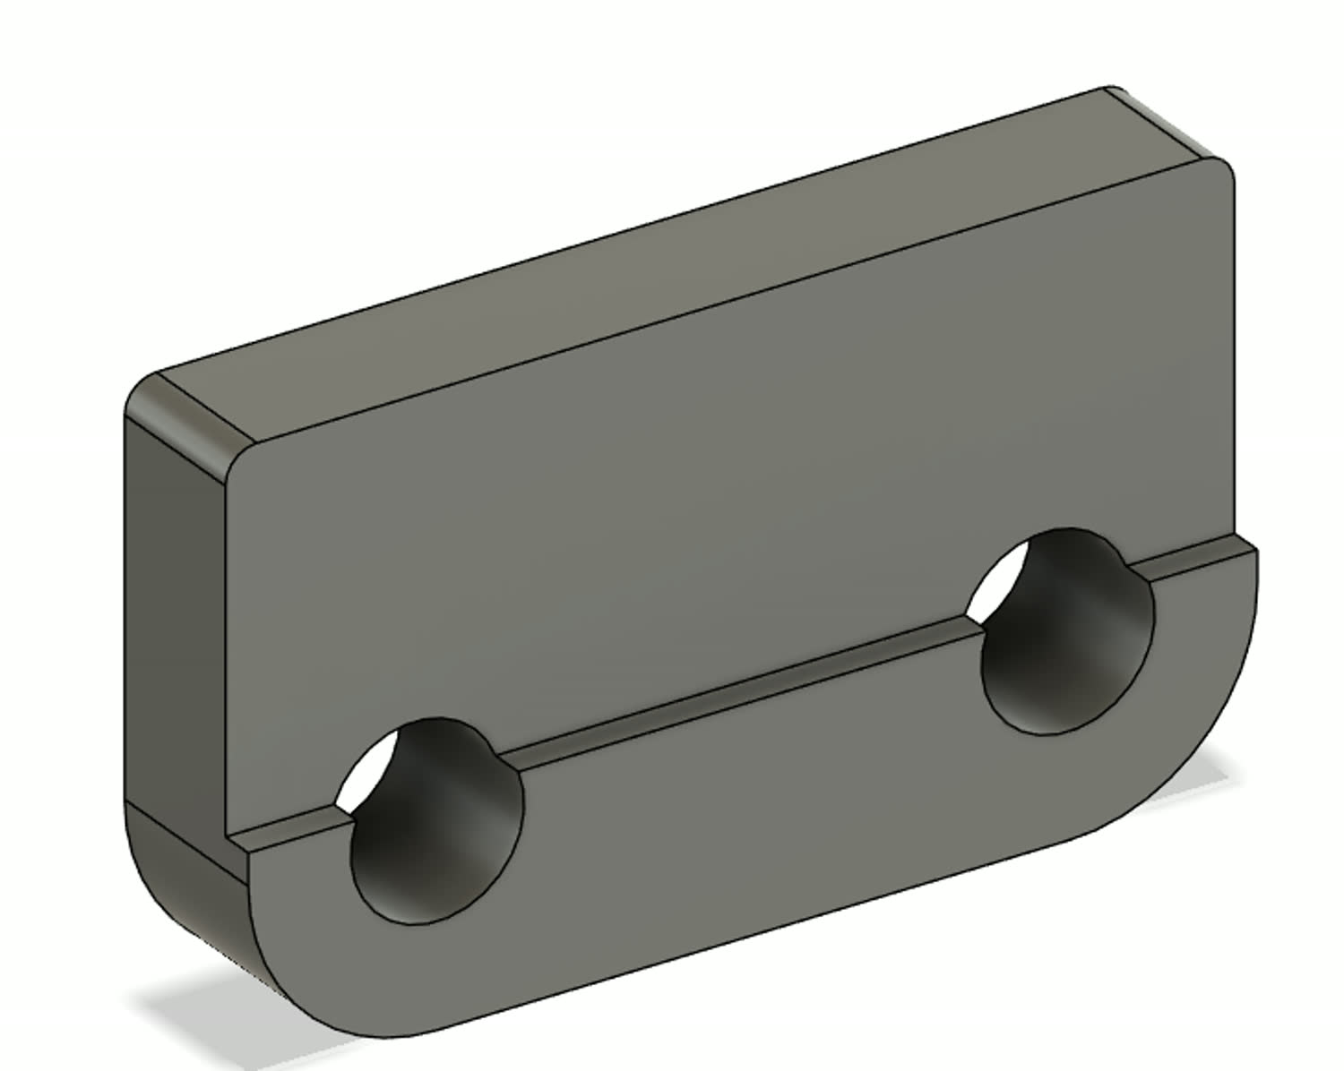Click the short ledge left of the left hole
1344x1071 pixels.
point(287,828)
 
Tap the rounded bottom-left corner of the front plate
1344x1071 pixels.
point(287,985)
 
